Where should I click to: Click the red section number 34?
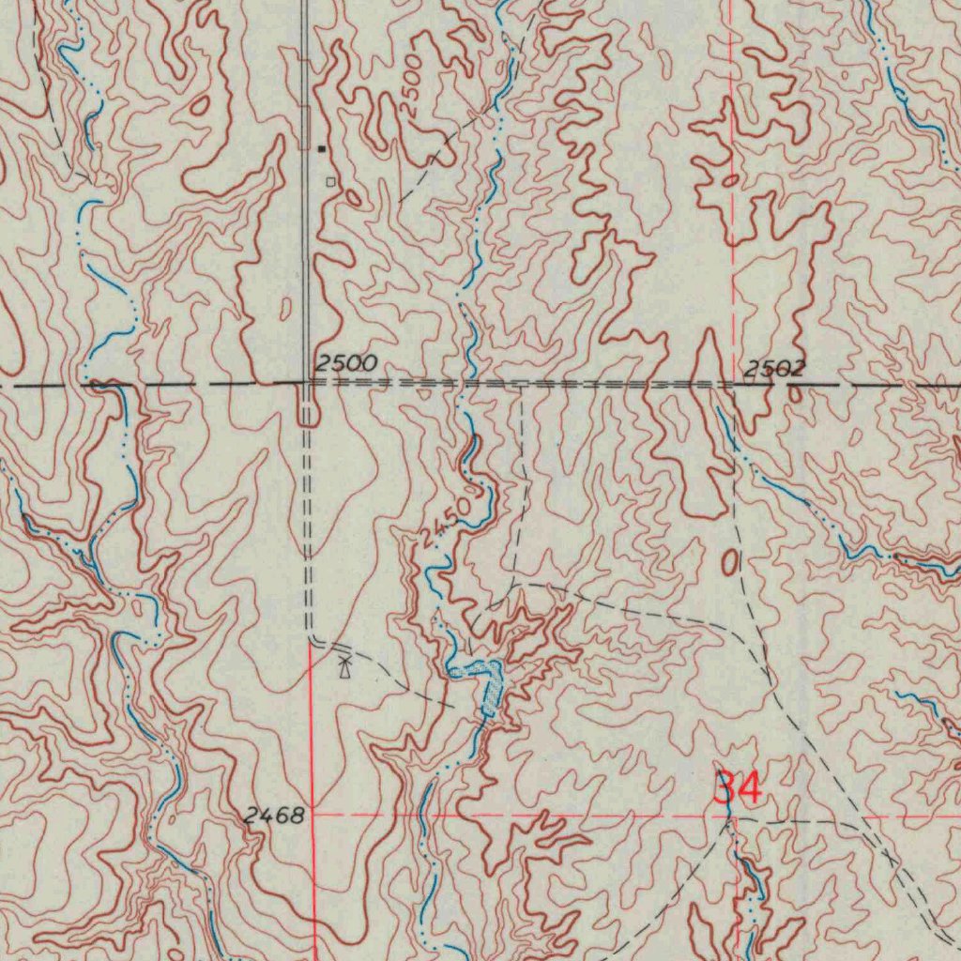pyautogui.click(x=738, y=787)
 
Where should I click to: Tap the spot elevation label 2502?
pyautogui.click(x=774, y=369)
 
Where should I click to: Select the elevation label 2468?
pyautogui.click(x=274, y=816)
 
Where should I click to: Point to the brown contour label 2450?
pyautogui.click(x=445, y=524)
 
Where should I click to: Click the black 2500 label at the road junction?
pyautogui.click(x=345, y=363)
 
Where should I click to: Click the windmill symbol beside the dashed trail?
pyautogui.click(x=345, y=667)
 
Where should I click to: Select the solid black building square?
pyautogui.click(x=323, y=148)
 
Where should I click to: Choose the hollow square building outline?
pyautogui.click(x=329, y=181)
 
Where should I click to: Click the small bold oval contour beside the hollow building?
pyautogui.click(x=353, y=198)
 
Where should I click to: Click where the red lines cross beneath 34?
pyautogui.click(x=731, y=816)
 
